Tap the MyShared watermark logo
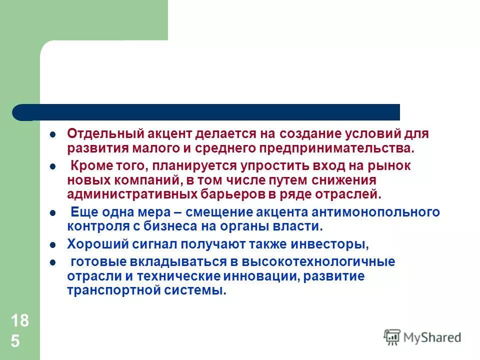point(422,337)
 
